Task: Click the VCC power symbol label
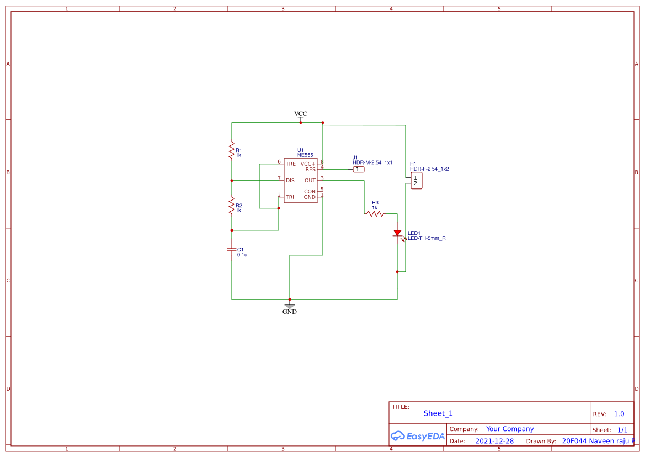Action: [x=301, y=114]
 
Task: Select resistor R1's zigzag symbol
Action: [x=232, y=150]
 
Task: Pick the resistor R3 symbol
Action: [x=375, y=213]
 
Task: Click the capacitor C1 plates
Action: [x=232, y=250]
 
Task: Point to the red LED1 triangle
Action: [x=397, y=233]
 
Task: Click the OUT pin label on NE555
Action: [x=310, y=181]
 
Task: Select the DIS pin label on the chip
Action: [x=290, y=181]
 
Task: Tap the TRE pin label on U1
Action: [x=291, y=164]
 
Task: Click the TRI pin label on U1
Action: [x=290, y=197]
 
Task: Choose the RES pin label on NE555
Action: [x=310, y=170]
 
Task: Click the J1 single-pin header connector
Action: [x=359, y=170]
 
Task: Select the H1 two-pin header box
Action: [x=416, y=181]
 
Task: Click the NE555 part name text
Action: [x=305, y=155]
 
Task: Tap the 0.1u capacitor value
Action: [x=242, y=255]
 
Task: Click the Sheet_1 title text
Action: [x=438, y=413]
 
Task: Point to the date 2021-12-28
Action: [x=494, y=441]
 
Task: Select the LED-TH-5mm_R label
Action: [x=427, y=238]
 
